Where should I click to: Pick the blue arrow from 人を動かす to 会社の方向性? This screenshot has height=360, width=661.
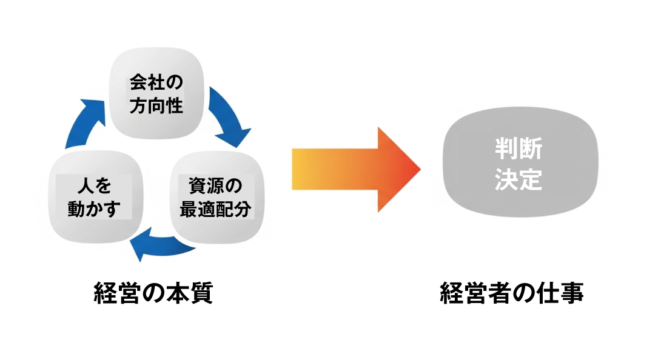point(85,124)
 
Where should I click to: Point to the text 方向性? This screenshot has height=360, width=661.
point(156,107)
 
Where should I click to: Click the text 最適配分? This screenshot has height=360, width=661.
point(216,209)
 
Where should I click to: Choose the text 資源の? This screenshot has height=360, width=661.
point(216,185)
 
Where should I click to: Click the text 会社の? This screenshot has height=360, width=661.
point(156,82)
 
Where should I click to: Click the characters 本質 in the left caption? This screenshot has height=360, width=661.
point(193,294)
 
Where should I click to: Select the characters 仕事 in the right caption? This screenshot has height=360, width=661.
point(564,294)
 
